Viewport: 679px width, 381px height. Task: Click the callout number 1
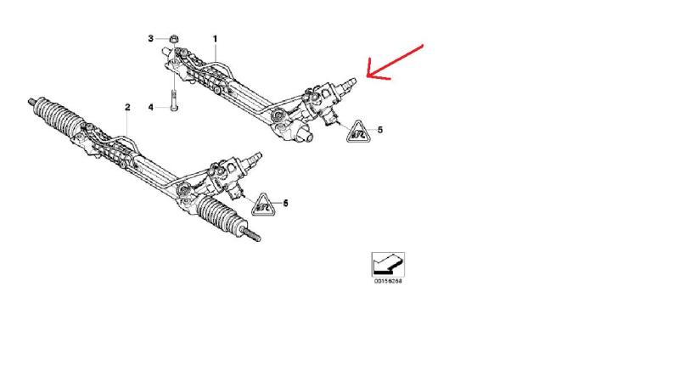point(215,39)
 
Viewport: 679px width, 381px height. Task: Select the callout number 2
point(127,107)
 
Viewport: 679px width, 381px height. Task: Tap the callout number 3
point(151,39)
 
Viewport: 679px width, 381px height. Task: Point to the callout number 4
point(151,108)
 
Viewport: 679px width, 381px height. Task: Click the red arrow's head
point(367,75)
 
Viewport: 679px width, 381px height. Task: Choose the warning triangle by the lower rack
point(263,203)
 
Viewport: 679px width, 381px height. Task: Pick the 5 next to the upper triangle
point(379,130)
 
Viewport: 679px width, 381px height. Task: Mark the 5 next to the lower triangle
point(285,203)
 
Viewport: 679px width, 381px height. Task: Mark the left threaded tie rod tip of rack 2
point(28,100)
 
